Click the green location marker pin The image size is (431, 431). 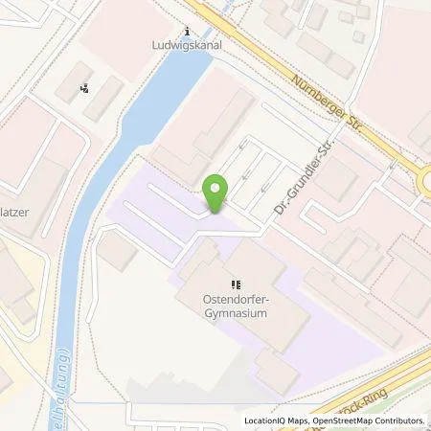(217, 193)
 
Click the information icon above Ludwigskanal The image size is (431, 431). (187, 31)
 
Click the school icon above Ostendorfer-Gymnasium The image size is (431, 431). (235, 284)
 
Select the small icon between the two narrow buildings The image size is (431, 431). (86, 89)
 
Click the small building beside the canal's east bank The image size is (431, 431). (118, 252)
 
